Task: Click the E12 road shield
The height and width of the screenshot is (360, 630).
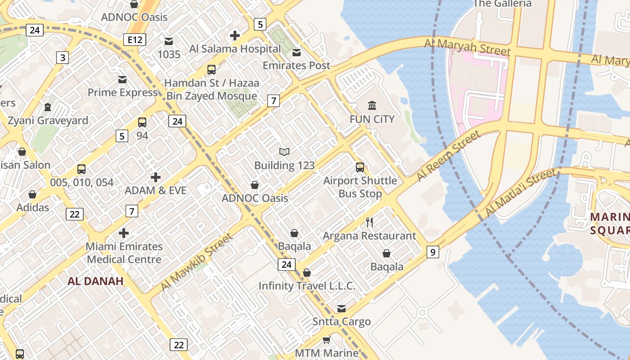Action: tap(135, 40)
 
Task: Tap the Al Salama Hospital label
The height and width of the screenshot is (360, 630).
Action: tap(235, 49)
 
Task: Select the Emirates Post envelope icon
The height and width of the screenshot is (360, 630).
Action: tap(297, 53)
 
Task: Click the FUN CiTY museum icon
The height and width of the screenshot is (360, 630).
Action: tap(372, 106)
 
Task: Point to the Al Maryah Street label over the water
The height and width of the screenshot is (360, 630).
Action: tap(468, 47)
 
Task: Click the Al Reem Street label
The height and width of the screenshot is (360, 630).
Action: tap(448, 155)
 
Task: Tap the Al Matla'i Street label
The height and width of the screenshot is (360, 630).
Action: tap(521, 193)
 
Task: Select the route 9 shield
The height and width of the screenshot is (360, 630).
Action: tap(432, 252)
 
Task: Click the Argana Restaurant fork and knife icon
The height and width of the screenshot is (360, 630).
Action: tap(369, 222)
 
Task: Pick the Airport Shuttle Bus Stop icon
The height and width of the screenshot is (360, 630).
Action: tap(360, 167)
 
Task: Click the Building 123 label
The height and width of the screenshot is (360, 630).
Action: tap(284, 165)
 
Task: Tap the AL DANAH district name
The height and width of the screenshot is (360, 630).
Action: tap(95, 281)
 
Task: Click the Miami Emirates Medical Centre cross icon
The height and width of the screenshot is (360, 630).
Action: tap(124, 233)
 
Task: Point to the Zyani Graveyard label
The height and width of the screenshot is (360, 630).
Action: tap(48, 121)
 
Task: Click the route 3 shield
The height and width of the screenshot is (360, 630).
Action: tap(63, 58)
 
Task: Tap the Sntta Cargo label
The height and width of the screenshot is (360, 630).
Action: tap(342, 321)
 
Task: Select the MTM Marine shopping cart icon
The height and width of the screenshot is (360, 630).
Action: tap(327, 340)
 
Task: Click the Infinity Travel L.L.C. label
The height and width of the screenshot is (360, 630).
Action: tap(307, 286)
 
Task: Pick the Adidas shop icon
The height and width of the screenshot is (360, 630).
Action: tap(32, 194)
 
